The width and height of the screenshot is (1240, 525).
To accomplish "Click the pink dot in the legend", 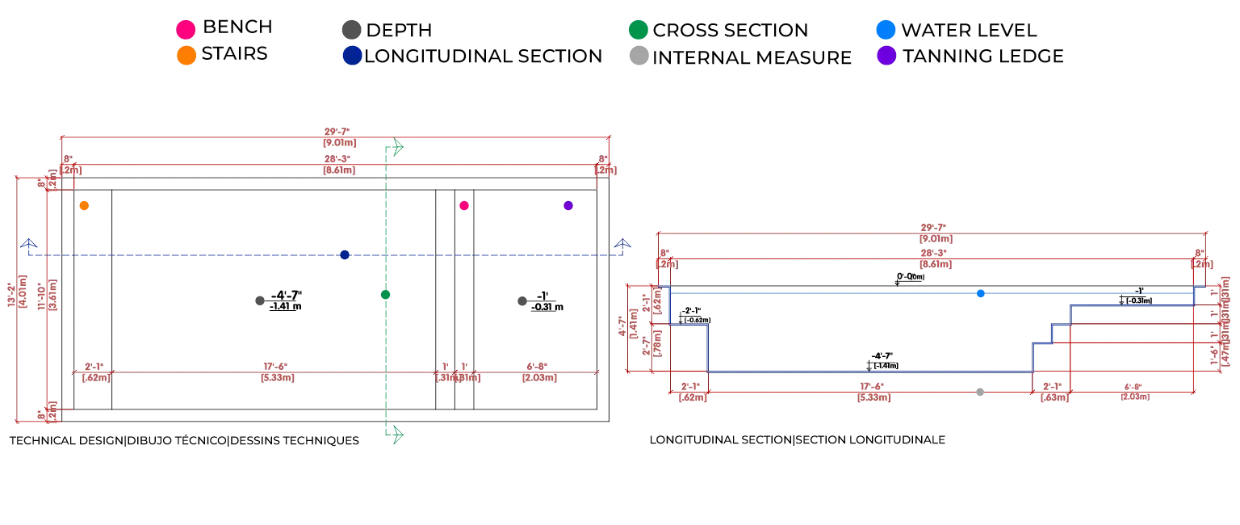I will [186, 30].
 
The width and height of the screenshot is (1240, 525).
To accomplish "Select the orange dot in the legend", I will [186, 56].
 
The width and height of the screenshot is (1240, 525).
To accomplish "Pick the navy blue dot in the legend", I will [352, 56].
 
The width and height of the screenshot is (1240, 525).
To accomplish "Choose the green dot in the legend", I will [638, 30].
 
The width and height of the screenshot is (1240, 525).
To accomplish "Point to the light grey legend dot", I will [638, 56].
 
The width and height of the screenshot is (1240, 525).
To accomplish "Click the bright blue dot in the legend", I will [885, 30].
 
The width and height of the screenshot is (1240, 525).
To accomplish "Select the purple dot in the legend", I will [886, 56].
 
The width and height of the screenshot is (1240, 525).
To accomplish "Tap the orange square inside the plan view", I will [84, 206].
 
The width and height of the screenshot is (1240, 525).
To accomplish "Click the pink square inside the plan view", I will [464, 206].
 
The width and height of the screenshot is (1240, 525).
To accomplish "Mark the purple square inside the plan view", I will [568, 206].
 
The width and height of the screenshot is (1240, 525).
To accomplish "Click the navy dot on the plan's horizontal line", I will [342, 255].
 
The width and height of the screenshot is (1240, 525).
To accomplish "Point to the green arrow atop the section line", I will [395, 148].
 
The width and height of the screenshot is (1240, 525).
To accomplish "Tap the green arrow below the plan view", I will [395, 435].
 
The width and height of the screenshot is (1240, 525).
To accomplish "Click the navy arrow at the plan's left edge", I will [29, 244].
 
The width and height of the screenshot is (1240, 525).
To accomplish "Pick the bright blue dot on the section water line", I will [979, 294].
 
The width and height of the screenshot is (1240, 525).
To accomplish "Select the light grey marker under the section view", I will [981, 394].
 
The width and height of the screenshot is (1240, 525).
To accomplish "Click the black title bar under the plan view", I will [183, 440].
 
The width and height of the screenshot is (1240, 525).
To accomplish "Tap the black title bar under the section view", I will [797, 440].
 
